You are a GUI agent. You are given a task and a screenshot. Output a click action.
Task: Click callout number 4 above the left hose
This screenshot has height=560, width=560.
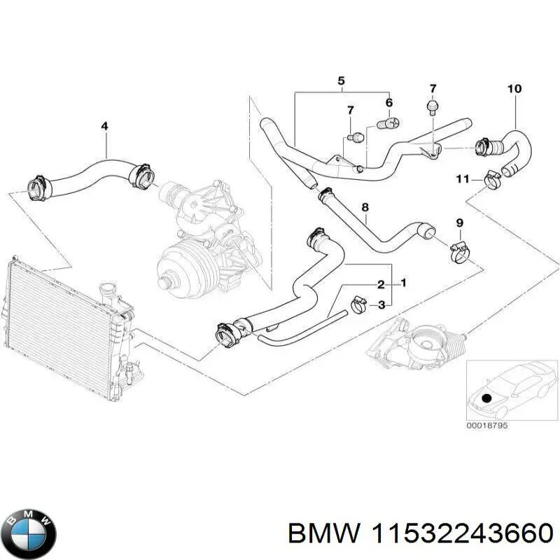pyautogui.click(x=104, y=126)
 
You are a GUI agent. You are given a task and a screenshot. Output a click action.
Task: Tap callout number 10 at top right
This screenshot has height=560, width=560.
pyautogui.click(x=514, y=89)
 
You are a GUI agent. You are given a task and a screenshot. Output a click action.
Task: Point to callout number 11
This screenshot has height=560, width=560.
pyautogui.click(x=462, y=180)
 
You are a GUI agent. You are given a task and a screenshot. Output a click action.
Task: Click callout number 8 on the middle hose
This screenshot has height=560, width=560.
pyautogui.click(x=364, y=207)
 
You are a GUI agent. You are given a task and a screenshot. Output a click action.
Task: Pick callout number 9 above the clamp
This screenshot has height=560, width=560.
pyautogui.click(x=459, y=223)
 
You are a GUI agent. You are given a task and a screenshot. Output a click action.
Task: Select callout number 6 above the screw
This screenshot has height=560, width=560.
pyautogui.click(x=388, y=102)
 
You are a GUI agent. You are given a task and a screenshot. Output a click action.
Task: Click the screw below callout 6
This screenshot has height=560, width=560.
pyautogui.click(x=387, y=123)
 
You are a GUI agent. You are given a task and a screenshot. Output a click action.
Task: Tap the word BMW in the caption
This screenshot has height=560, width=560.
pyautogui.click(x=313, y=535)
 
